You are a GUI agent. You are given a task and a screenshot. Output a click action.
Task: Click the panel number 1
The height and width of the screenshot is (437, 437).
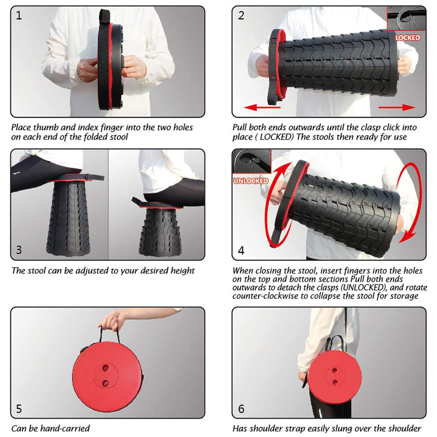pyautogui.click(x=19, y=15)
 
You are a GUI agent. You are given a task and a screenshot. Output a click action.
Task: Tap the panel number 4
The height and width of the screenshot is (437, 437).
pyautogui.click(x=241, y=250)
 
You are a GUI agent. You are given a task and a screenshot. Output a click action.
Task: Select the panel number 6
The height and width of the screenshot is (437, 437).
pyautogui.click(x=241, y=409)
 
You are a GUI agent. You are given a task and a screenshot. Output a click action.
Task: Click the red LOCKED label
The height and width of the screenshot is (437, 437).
pyautogui.click(x=407, y=38)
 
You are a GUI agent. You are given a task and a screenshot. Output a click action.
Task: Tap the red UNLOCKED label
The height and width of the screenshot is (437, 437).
pyautogui.click(x=250, y=181)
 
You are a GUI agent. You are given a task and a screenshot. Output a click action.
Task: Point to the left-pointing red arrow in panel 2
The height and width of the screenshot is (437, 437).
pyautogui.click(x=262, y=107)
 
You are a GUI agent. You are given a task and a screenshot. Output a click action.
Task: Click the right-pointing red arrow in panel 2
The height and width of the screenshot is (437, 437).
pyautogui.click(x=397, y=108)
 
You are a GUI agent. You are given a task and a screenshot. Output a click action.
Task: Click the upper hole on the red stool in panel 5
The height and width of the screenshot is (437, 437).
pyautogui.click(x=106, y=368)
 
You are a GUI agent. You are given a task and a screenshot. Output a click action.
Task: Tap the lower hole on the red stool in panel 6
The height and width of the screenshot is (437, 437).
pyautogui.click(x=335, y=382)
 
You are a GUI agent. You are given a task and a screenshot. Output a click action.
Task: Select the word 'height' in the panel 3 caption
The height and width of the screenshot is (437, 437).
pyautogui.click(x=183, y=271)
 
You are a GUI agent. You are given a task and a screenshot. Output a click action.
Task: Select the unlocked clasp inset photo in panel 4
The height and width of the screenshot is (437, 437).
pyautogui.click(x=252, y=162)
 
